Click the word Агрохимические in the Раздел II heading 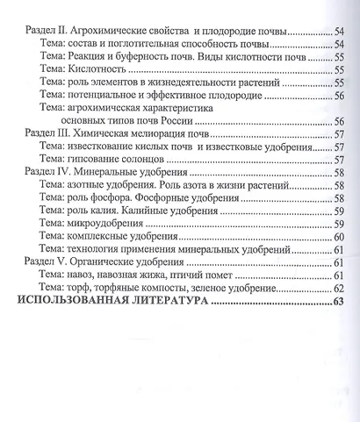118,31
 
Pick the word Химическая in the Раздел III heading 108,135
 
